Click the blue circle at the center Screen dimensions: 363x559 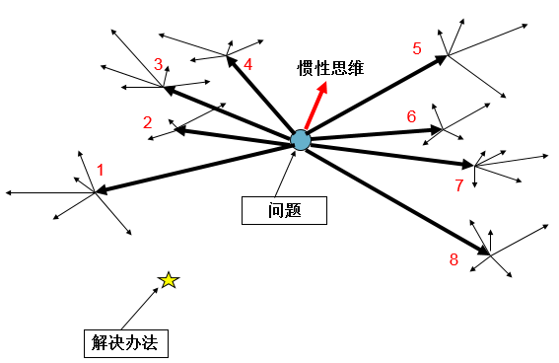301,140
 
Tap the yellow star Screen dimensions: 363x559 169,281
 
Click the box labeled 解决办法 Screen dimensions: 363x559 124,342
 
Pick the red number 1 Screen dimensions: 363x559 100,170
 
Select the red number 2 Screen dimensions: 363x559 147,122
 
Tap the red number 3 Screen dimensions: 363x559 158,65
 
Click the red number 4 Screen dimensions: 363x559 247,65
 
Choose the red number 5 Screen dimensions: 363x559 417,47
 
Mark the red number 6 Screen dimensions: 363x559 411,116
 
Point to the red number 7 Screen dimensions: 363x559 458,184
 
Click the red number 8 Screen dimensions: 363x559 454,259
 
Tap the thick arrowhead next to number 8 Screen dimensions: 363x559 485,253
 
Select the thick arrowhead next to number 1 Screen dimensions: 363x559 101,190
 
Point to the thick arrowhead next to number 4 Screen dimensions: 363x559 231,60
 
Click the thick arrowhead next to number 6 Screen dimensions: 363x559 438,129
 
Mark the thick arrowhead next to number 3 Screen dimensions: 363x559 169,90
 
